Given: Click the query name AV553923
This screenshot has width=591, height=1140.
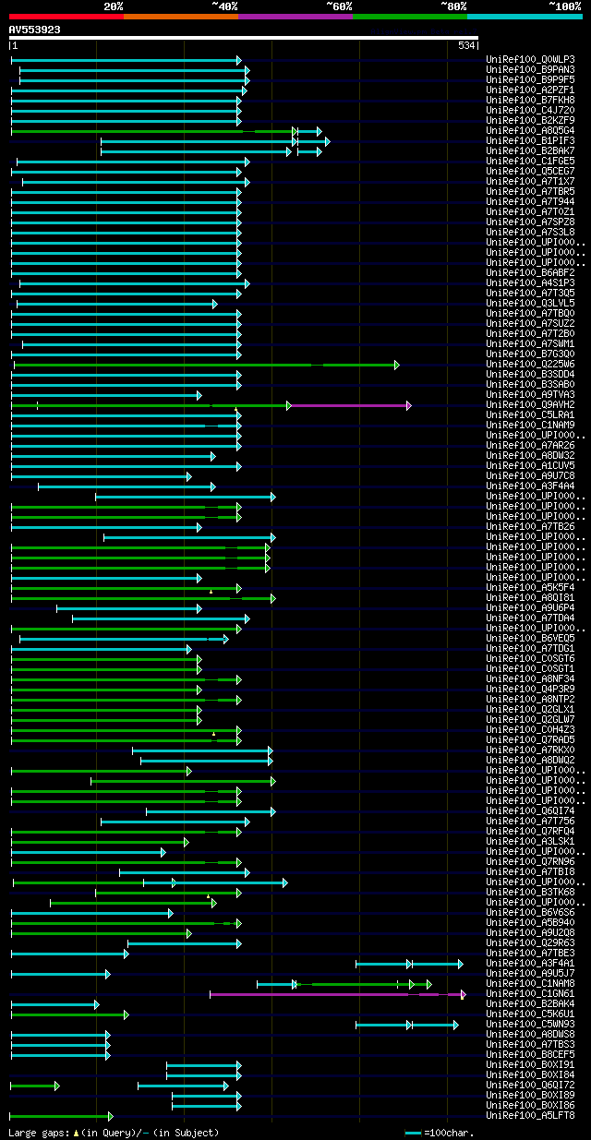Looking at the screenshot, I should (35, 30).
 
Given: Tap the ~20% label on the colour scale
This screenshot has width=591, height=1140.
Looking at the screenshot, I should (113, 6).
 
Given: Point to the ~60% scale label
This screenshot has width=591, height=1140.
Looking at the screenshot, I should (339, 6).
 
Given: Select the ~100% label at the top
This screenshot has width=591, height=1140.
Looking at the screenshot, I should (564, 6).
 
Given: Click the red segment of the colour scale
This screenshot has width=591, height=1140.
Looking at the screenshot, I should (66, 16).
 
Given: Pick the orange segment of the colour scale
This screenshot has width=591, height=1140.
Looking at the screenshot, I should (180, 16).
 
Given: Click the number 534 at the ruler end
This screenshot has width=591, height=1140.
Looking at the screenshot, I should (465, 45).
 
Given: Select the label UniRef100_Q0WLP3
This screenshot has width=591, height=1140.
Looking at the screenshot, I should (532, 60).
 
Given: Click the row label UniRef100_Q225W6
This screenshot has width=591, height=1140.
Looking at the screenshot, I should (532, 365).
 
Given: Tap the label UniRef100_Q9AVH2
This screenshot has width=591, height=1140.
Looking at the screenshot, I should (532, 405).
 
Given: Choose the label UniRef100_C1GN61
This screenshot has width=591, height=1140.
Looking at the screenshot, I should (532, 994).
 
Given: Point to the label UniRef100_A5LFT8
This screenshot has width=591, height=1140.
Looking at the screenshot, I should (532, 1116).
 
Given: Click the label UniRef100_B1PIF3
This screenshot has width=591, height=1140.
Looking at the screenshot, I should (532, 141).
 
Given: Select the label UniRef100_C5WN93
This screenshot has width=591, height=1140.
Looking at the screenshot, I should (532, 1025).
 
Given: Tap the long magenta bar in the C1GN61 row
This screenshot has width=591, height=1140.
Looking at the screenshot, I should (314, 994).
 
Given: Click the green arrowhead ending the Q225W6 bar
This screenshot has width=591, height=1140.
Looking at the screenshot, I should (397, 365).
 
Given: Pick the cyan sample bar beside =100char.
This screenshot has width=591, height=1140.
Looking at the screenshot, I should (413, 1132).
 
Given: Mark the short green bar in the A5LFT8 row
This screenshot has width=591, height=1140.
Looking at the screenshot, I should (60, 1116).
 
